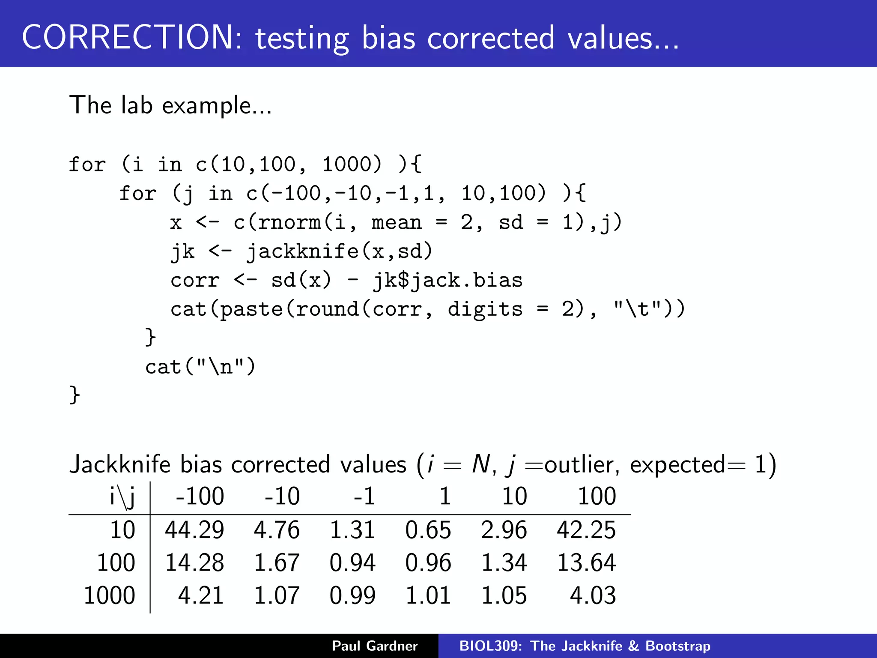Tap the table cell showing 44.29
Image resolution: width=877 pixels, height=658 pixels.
[x=194, y=530]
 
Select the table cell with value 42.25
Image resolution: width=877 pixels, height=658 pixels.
[x=586, y=530]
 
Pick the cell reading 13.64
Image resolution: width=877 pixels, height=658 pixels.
[x=586, y=562]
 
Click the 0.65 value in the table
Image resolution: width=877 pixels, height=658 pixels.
[x=428, y=530]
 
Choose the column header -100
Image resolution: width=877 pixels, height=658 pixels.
[x=200, y=496]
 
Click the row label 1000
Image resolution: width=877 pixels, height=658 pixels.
[x=109, y=595]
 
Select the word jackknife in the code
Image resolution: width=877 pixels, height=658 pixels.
[x=303, y=251]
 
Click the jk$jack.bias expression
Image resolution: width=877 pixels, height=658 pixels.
[x=448, y=281]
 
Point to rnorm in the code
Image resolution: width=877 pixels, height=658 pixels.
[x=289, y=223]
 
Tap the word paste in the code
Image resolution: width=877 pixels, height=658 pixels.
[x=251, y=309]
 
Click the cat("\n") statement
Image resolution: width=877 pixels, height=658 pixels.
[x=200, y=367]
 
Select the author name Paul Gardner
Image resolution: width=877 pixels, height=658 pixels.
[x=375, y=646]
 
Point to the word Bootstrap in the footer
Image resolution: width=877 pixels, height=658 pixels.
[x=678, y=646]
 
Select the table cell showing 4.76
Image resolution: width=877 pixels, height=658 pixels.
[x=277, y=530]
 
